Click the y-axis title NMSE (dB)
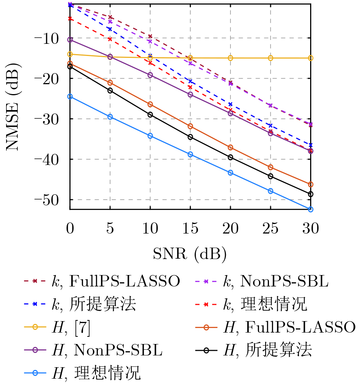tap(13, 105)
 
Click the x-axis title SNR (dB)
tap(190, 253)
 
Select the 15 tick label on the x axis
tap(190, 229)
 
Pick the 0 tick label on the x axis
tap(70, 229)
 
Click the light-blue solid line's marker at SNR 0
tap(70, 97)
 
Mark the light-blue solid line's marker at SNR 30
tap(310, 209)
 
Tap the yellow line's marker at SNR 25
tap(270, 58)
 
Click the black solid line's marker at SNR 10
tap(150, 115)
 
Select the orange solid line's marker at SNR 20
tap(230, 147)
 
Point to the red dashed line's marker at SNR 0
tap(70, 18)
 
